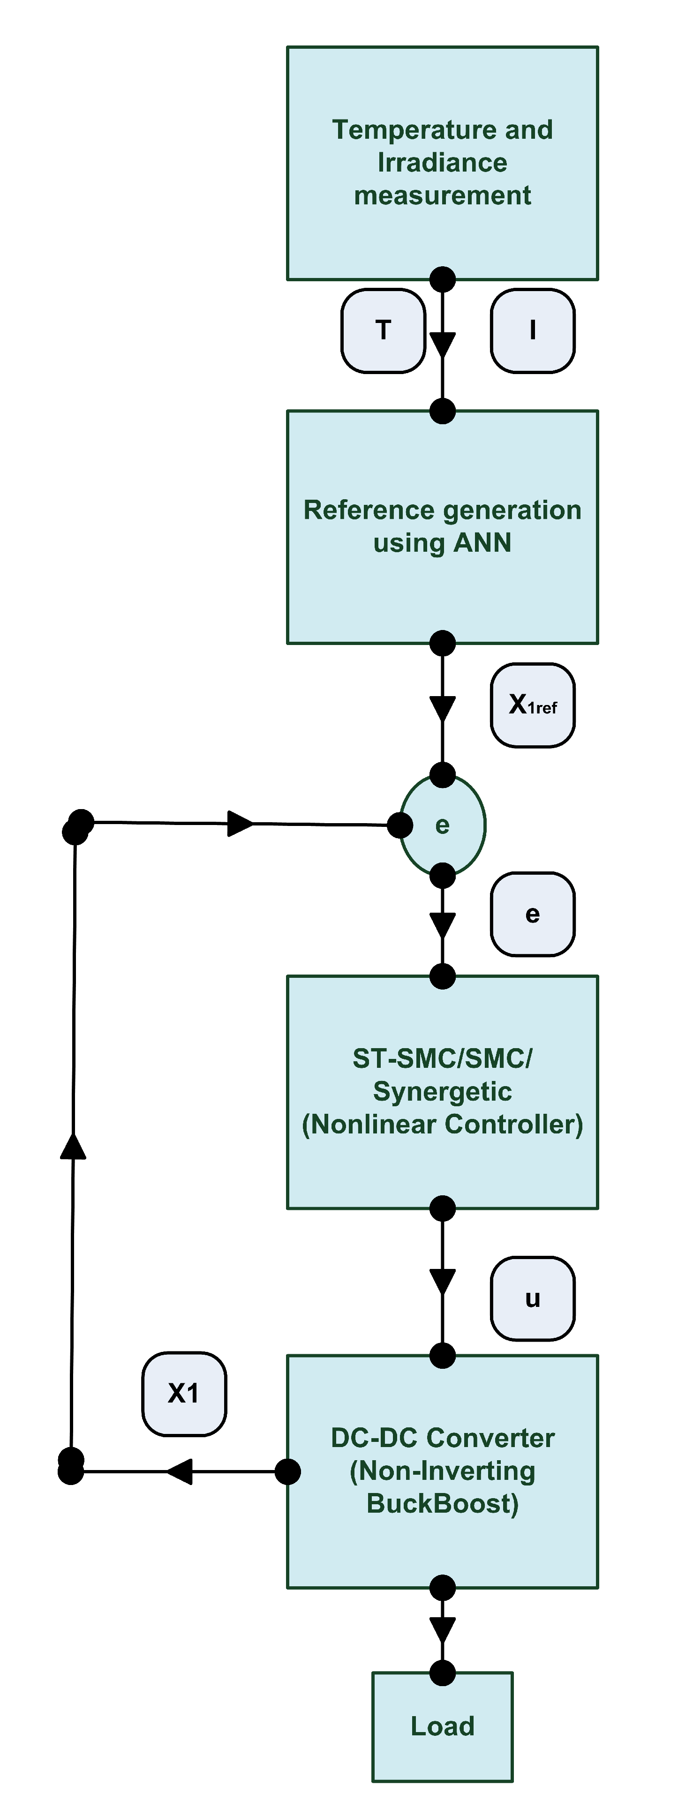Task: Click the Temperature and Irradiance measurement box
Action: tap(442, 163)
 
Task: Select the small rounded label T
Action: tap(383, 330)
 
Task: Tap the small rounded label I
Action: tap(533, 330)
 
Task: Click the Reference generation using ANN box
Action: tap(442, 526)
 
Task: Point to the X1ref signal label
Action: tap(533, 705)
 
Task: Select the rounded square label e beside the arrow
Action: tap(533, 914)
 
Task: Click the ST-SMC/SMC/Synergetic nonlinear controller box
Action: tap(442, 1091)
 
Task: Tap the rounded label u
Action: tap(533, 1298)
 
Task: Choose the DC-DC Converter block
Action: tap(442, 1470)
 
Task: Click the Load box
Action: tap(442, 1726)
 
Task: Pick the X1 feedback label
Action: tap(184, 1393)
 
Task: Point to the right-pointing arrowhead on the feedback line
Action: tap(240, 823)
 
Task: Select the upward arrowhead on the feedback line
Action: tap(73, 1146)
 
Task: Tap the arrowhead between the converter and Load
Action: tap(442, 1630)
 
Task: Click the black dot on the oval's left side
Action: tap(400, 825)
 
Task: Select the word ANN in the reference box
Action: tap(482, 542)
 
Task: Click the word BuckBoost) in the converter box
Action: tap(442, 1503)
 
